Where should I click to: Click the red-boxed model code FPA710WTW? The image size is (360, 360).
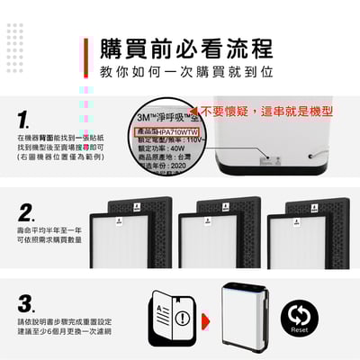pyautogui.click(x=169, y=131)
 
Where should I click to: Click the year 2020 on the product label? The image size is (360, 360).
pyautogui.click(x=176, y=171)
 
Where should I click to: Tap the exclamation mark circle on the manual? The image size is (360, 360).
pyautogui.click(x=184, y=318)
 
